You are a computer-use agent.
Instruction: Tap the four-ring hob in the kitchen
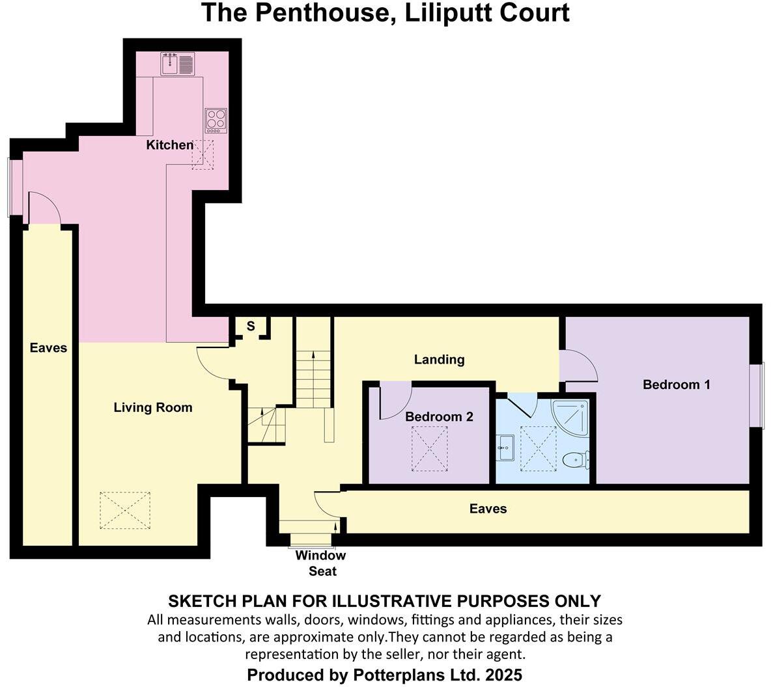point(216,120)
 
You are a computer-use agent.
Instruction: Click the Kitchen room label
point(169,145)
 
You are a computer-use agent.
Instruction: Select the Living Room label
point(153,408)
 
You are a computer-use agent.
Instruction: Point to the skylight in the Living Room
point(125,510)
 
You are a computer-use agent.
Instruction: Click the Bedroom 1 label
point(676,384)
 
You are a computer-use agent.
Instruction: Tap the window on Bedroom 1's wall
point(756,396)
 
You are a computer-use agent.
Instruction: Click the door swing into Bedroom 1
point(581,367)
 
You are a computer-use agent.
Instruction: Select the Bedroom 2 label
point(439,416)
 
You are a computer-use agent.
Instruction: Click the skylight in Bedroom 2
point(429,448)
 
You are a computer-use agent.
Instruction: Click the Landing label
point(440,360)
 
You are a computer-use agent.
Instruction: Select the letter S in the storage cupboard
point(251,327)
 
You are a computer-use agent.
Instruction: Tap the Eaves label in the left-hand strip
point(48,348)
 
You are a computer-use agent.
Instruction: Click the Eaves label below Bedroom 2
point(488,509)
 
